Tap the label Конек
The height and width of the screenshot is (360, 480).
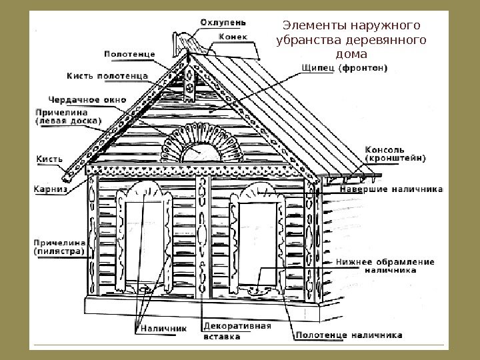coord(234,37)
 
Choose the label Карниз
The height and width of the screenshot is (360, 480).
coord(51,189)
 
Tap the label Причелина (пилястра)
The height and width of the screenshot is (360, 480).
coord(59,247)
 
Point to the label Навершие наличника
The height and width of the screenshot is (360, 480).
coord(391,189)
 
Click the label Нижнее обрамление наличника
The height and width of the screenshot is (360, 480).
coord(385,266)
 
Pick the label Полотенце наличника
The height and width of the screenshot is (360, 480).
coord(349,335)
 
